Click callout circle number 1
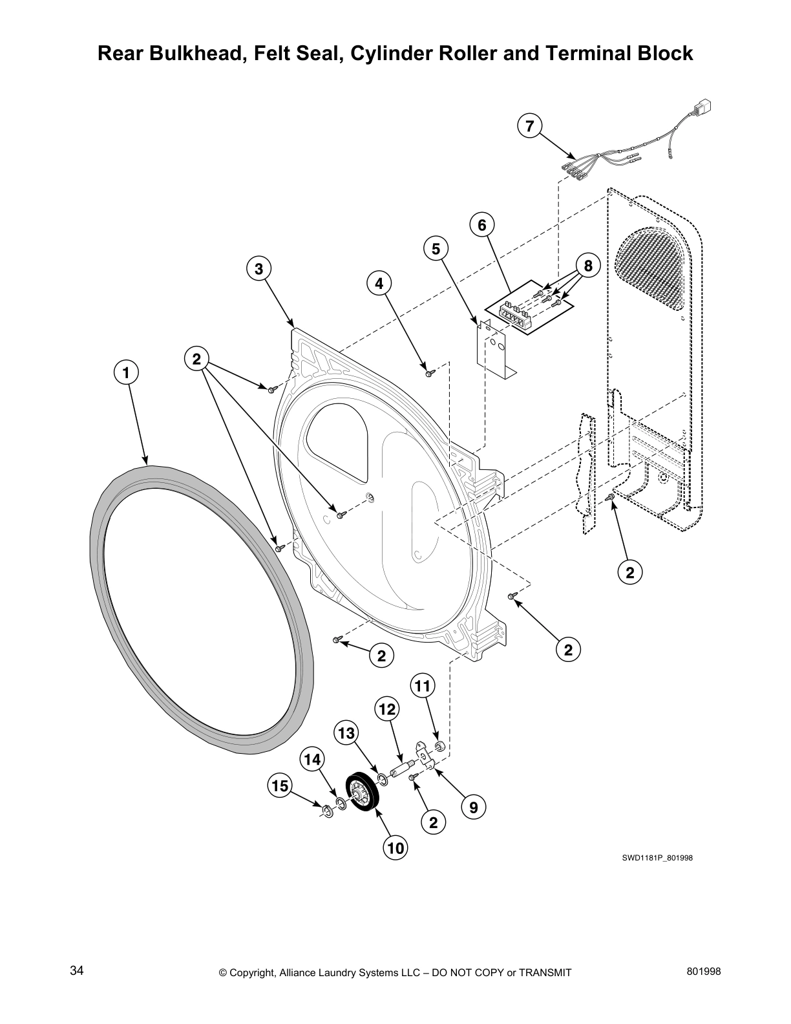pos(126,372)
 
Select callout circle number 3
pos(258,269)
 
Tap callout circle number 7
pos(529,126)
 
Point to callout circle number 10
pos(395,847)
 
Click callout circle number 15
pos(280,786)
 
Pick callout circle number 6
pos(481,225)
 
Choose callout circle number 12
pos(386,709)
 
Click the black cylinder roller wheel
pos(362,794)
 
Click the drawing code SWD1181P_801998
pos(657,859)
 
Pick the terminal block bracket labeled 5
pos(491,349)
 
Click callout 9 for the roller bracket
pos(474,807)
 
